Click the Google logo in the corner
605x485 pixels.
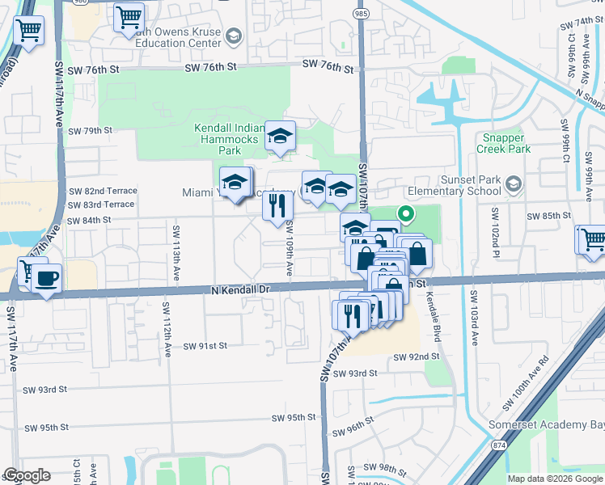tap(27, 475)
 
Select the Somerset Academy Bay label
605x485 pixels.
tap(547, 425)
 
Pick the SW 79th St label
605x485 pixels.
tap(89, 130)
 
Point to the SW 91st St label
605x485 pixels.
tap(205, 346)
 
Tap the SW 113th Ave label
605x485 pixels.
tap(176, 251)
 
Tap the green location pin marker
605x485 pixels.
tap(405, 214)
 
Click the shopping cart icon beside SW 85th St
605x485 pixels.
tap(590, 240)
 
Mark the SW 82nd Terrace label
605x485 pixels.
tap(104, 191)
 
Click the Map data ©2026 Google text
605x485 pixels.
tap(554, 479)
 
